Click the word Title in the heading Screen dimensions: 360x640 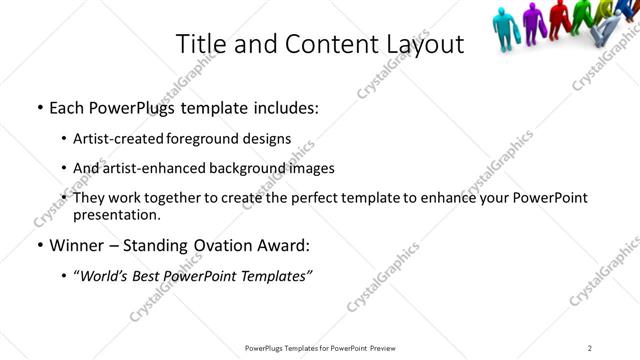tap(201, 45)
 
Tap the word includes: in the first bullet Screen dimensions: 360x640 tap(284, 108)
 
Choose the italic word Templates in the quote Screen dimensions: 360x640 tap(277, 276)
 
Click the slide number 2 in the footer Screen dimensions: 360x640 tap(589, 348)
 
